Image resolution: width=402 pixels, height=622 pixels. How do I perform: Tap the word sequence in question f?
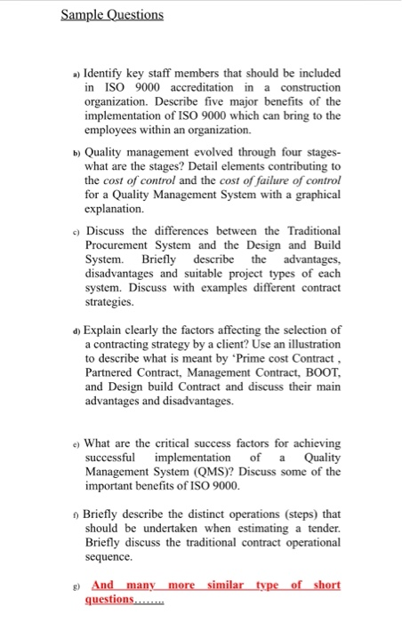pos(112,558)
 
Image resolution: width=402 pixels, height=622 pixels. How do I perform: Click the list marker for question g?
pos(75,586)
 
